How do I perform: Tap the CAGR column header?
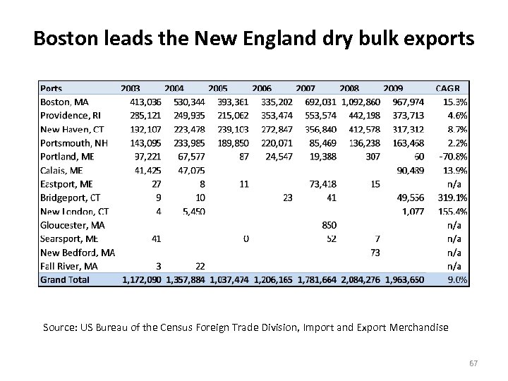point(447,89)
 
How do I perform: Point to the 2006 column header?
point(261,89)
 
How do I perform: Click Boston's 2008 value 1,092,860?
point(360,102)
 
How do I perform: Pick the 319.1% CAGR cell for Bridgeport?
point(452,198)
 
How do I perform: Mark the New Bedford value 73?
point(375,253)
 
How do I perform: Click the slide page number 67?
point(472,362)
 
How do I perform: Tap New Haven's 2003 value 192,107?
point(145,130)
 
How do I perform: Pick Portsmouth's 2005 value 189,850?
point(233,143)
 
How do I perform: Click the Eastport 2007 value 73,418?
point(322,184)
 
